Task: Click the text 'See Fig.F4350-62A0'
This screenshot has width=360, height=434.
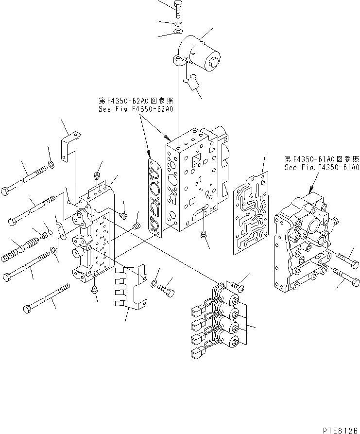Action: (x=135, y=109)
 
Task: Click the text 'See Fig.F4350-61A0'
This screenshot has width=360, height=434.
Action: (x=322, y=167)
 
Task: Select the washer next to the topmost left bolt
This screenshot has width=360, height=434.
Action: (x=51, y=167)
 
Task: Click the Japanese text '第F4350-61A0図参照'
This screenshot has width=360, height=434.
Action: (x=322, y=158)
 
